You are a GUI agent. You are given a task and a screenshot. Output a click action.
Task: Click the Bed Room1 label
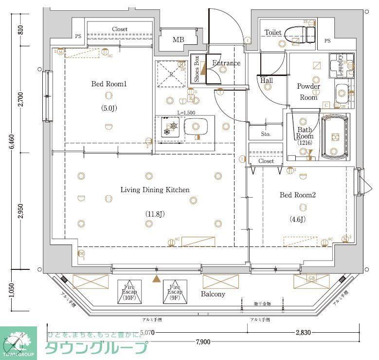(x=109, y=84)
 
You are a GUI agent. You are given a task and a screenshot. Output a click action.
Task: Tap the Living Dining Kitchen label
(x=155, y=190)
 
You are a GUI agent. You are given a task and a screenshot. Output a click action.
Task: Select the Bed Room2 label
(x=298, y=195)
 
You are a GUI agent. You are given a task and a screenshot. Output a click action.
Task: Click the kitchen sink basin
(x=196, y=128)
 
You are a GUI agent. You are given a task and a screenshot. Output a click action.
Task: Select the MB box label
(x=179, y=39)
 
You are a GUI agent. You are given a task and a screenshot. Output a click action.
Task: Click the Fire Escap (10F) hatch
(x=129, y=292)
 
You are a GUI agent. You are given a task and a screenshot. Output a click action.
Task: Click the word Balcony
(x=213, y=294)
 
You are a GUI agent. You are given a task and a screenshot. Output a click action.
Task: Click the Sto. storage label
(x=266, y=134)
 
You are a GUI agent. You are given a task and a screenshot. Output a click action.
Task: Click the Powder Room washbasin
(x=342, y=91)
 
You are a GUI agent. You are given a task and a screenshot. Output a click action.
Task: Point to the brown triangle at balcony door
(x=156, y=279)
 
